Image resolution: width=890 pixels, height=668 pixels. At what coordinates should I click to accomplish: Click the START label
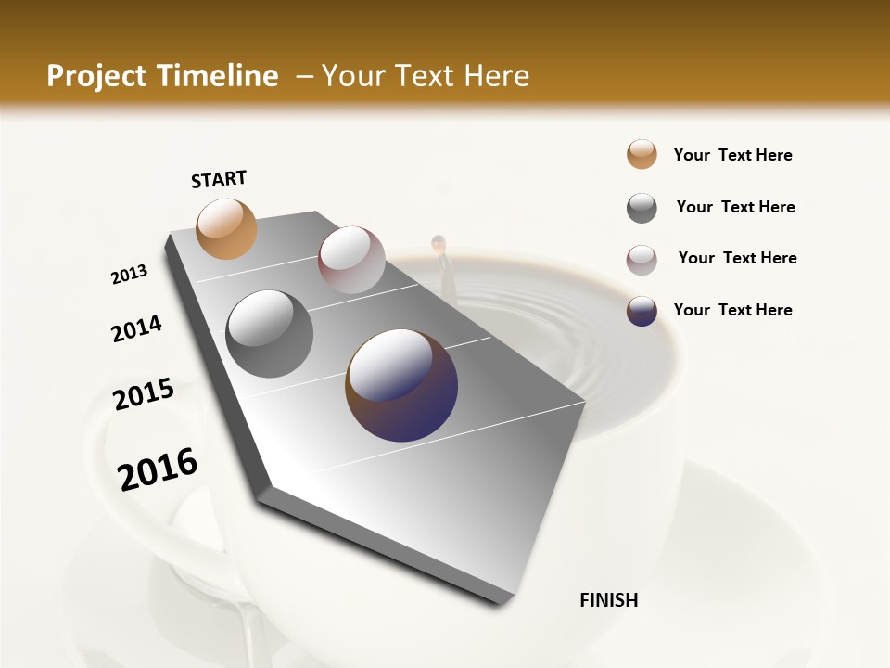click(219, 179)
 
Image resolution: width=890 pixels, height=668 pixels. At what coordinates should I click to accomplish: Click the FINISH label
click(608, 600)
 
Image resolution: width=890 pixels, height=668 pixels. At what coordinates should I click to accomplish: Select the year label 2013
click(129, 275)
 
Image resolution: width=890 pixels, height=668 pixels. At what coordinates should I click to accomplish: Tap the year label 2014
click(136, 329)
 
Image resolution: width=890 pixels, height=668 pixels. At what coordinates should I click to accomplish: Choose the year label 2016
click(158, 469)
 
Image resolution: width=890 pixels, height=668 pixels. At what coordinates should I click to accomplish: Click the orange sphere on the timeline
click(226, 228)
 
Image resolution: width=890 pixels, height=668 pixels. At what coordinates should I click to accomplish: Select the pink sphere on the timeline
click(351, 260)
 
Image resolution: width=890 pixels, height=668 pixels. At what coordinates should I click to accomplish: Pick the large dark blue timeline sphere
click(401, 385)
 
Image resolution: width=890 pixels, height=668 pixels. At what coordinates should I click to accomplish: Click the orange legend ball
click(642, 154)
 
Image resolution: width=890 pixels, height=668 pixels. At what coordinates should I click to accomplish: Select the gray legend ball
click(642, 208)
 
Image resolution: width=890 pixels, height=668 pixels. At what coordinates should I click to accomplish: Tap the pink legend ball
click(642, 260)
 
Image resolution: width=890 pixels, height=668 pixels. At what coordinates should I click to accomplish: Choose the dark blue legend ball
click(642, 311)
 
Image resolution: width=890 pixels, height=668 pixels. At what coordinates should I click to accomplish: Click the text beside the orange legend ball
click(732, 155)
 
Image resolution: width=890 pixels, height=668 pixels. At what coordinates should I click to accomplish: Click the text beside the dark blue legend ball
click(732, 310)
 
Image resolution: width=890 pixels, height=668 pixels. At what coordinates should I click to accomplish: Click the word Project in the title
click(95, 76)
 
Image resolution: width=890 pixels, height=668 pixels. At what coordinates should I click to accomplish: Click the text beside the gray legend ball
click(735, 207)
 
